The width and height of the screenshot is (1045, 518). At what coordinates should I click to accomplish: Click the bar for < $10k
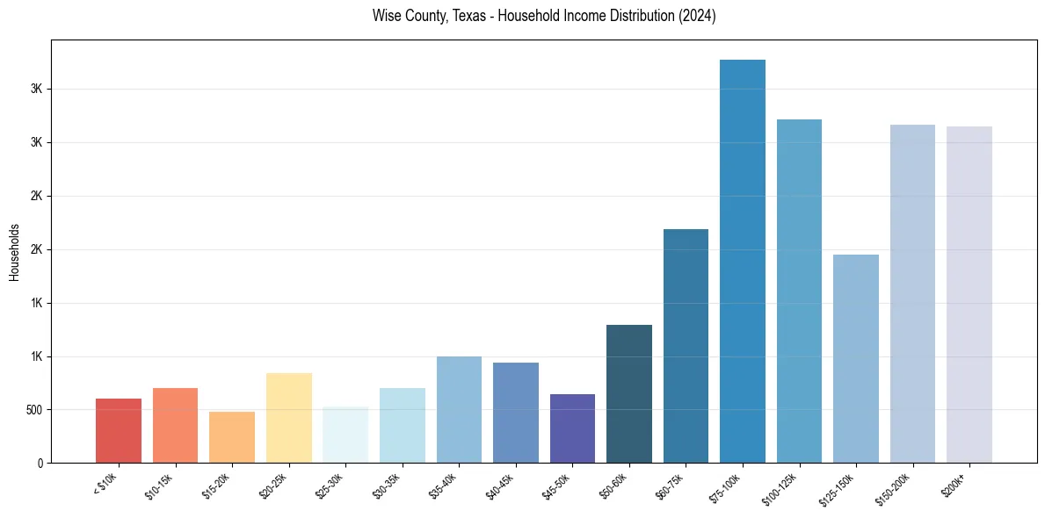point(119,430)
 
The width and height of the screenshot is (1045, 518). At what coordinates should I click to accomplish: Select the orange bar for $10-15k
point(175,425)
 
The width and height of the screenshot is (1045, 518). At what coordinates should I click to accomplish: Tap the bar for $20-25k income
point(288,418)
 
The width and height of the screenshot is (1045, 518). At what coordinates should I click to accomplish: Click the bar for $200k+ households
point(969,294)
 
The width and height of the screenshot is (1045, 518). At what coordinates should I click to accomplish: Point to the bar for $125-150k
point(855,358)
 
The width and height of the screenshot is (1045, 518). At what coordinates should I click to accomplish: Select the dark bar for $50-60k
point(628,393)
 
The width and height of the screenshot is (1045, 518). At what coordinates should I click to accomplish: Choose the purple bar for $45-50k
point(572,428)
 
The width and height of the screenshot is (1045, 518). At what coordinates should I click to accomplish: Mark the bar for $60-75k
point(686,346)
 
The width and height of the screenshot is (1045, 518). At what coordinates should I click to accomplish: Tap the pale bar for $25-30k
point(345,435)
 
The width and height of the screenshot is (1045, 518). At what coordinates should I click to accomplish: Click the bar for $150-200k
point(912,293)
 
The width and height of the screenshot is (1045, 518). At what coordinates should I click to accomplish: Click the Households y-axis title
point(14,252)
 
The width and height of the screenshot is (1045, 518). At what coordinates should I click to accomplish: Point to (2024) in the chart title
point(697,16)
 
